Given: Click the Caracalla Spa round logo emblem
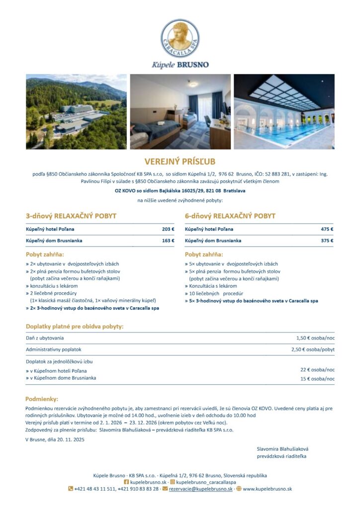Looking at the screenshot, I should (x=180, y=38).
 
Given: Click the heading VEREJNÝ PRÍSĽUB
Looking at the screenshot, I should (x=180, y=162).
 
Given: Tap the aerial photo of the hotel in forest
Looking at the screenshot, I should (x=76, y=112).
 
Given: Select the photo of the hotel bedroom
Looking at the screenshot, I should (x=180, y=112).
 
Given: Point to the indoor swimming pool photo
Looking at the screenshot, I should (x=284, y=112).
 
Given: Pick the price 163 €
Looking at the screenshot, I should (x=168, y=241).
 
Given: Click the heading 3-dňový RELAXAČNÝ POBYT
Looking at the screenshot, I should (x=71, y=216).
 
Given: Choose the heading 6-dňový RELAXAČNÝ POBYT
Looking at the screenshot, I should (x=230, y=216).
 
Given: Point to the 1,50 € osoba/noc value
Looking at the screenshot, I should (x=315, y=338).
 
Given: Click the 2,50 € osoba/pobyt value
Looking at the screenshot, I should (x=313, y=349).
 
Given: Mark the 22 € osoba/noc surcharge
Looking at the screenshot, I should (x=317, y=370).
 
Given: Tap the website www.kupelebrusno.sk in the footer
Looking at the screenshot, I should (x=267, y=489).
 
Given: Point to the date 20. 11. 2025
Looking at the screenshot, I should (x=68, y=439).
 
